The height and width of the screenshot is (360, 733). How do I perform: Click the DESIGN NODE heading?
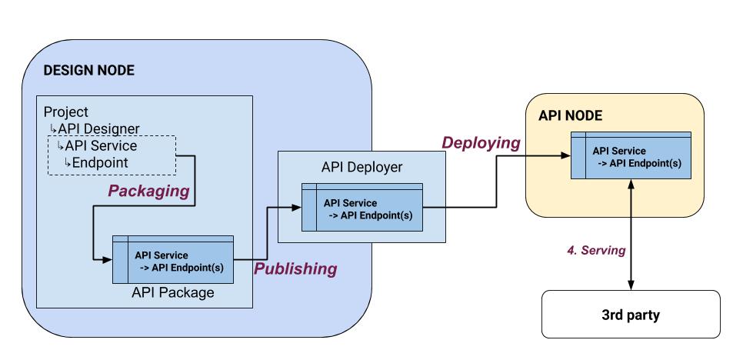88,71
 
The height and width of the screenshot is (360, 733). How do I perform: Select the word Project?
65,112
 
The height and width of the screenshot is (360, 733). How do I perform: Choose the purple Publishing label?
295,268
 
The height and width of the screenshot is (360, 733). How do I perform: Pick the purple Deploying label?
480,143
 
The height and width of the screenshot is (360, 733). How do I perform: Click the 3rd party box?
630,314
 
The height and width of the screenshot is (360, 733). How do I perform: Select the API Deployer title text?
361,168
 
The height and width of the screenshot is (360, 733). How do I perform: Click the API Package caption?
173,292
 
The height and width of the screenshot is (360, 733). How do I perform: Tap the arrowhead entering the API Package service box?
108,259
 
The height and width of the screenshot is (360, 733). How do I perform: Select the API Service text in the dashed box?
102,146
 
